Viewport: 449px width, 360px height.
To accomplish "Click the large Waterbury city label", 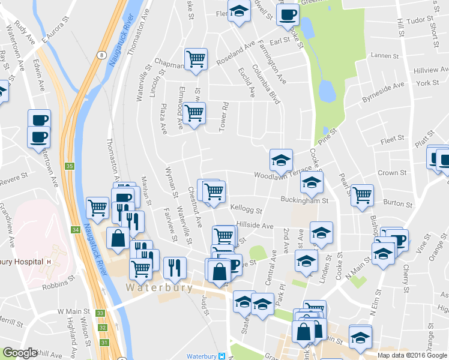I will (159, 287).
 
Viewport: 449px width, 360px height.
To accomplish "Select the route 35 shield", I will (70, 166).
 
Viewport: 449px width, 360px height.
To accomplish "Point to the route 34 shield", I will (75, 229).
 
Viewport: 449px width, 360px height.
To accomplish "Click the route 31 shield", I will (106, 342).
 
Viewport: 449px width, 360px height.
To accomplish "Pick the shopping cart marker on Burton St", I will (362, 194).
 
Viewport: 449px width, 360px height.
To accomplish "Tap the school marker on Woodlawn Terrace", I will (280, 160).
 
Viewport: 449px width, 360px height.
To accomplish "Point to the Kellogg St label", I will (246, 210).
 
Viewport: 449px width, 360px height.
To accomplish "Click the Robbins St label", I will (57, 287).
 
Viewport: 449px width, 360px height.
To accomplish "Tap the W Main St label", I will (73, 312).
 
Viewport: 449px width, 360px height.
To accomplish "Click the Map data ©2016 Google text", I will (412, 355).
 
